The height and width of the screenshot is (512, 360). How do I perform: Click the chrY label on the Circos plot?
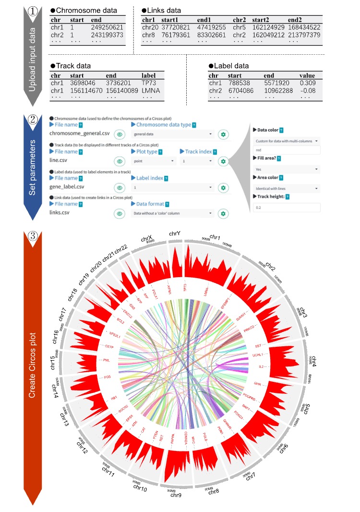pyautogui.click(x=175, y=233)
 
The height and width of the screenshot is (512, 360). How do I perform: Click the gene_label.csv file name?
pyautogui.click(x=70, y=186)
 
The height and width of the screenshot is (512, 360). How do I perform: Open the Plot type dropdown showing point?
pyautogui.click(x=152, y=161)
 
